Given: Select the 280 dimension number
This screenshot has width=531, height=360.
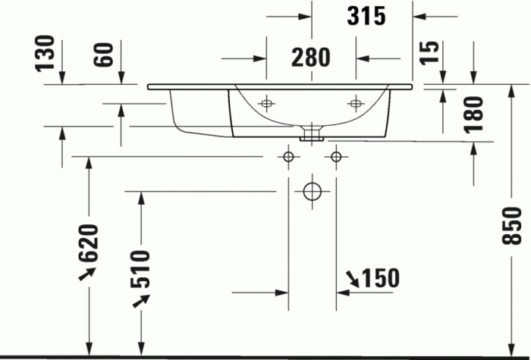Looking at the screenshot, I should (310, 58).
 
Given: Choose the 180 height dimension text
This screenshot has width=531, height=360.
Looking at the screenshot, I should (473, 114).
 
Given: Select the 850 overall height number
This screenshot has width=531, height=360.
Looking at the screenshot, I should (514, 224).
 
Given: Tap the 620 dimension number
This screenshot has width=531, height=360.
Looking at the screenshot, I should (90, 243).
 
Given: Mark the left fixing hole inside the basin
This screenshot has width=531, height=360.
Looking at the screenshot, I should (267, 103).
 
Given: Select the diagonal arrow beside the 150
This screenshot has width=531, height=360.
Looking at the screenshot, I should (350, 280).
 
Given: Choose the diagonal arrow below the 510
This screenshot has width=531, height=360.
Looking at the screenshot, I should (139, 301).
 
